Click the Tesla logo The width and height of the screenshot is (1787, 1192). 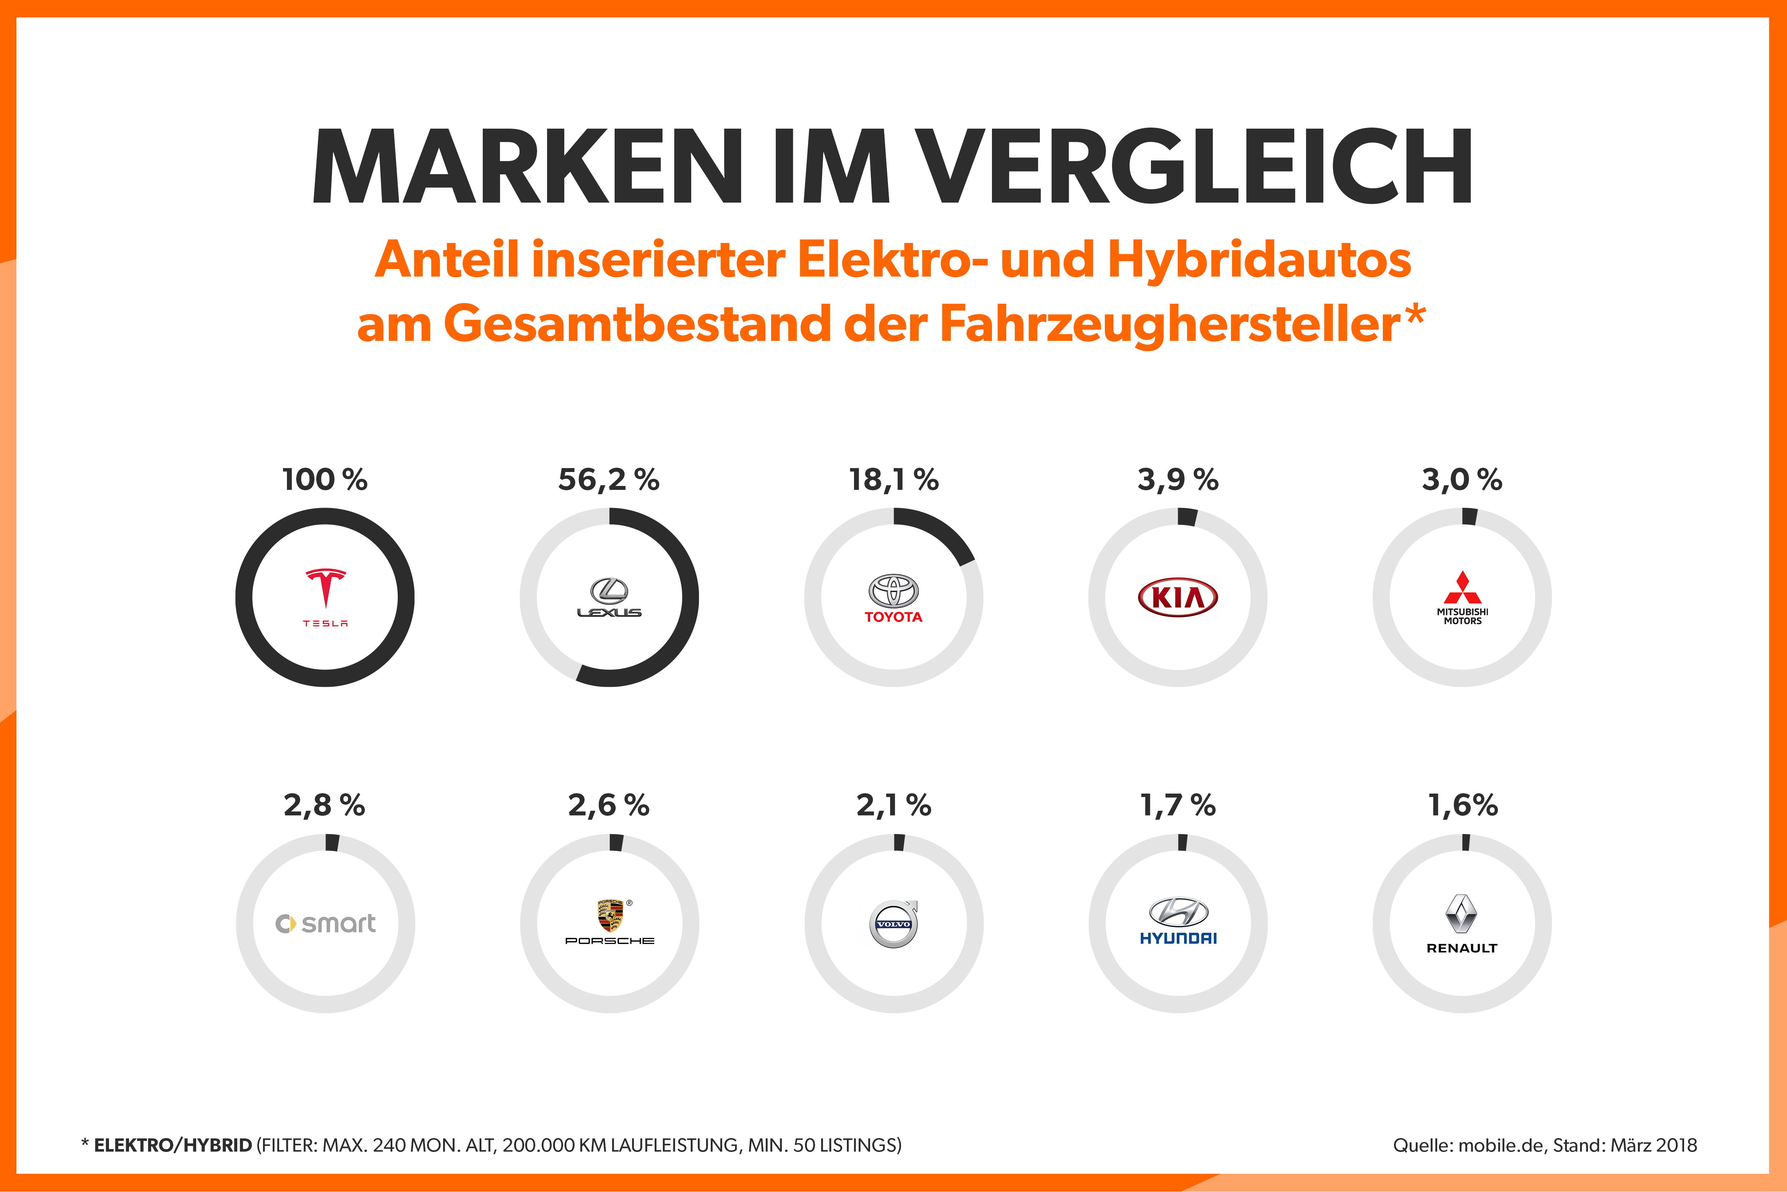tap(325, 597)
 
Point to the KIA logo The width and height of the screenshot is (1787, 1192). tap(1177, 597)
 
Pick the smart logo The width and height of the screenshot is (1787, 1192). tap(325, 924)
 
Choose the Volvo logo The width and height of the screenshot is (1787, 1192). tap(894, 924)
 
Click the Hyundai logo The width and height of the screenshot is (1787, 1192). tap(1178, 922)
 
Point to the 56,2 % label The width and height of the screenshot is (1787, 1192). tap(609, 480)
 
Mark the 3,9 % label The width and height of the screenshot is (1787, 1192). tap(1177, 480)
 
